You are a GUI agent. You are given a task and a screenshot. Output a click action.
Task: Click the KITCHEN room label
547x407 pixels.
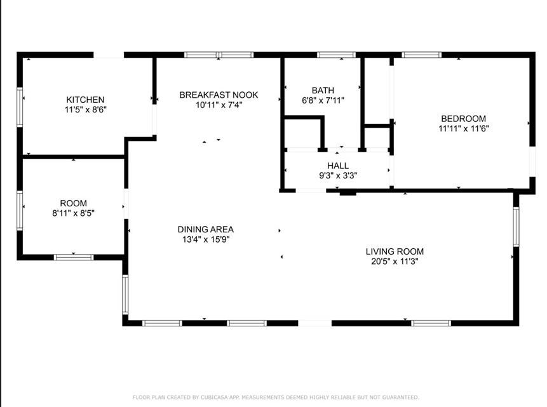85,100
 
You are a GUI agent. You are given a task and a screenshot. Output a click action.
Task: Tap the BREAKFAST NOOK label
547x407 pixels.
219,95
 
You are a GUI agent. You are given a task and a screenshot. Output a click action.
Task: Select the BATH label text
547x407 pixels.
323,90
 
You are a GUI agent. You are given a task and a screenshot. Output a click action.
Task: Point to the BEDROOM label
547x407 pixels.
463,119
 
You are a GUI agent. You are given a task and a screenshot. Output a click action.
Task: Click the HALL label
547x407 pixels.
338,166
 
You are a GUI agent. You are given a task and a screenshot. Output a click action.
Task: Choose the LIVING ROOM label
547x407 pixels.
395,251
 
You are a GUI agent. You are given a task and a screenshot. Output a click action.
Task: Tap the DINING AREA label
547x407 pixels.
205,229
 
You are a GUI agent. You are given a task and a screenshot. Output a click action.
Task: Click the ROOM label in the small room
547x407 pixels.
73,203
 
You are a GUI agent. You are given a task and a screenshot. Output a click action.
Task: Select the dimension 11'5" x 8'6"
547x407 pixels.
86,109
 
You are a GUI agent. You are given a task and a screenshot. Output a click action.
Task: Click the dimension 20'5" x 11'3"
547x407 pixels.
395,261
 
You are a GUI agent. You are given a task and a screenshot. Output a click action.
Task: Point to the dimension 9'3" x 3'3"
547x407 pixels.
338,175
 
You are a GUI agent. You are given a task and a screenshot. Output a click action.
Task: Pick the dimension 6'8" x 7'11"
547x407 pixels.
323,100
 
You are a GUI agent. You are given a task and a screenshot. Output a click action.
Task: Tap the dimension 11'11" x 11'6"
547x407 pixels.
463,128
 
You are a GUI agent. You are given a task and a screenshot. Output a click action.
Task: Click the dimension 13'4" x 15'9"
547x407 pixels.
206,239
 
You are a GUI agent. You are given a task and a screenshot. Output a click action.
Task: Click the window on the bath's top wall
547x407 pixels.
336,55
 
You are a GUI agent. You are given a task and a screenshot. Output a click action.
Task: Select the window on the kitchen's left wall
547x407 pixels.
20,107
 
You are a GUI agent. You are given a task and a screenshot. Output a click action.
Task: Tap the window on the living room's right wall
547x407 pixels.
516,227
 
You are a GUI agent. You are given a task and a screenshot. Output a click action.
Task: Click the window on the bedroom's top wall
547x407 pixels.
421,55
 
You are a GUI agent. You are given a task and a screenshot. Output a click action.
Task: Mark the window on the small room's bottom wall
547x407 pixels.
74,257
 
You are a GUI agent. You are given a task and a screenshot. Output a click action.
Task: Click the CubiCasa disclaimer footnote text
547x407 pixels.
276,397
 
